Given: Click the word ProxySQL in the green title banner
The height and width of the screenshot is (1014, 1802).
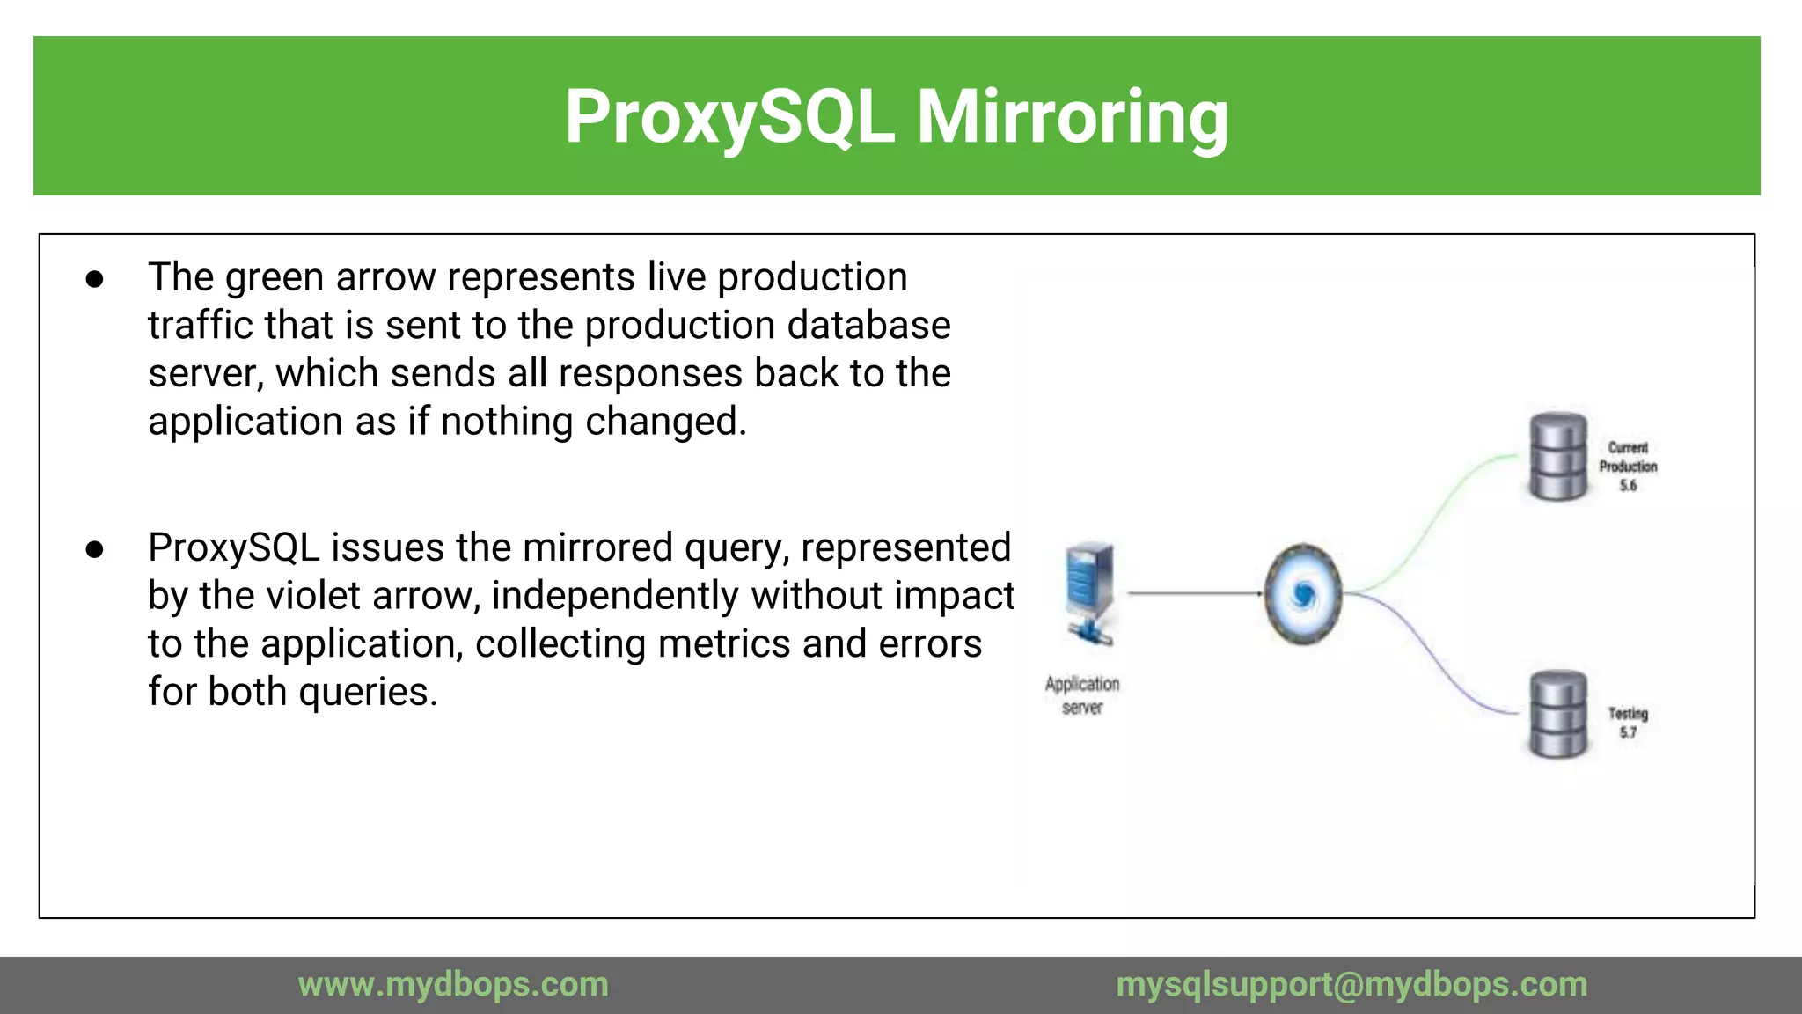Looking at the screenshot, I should (729, 117).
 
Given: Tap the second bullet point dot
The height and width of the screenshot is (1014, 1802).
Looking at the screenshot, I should (95, 550).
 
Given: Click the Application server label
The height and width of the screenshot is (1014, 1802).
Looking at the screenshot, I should (1082, 695).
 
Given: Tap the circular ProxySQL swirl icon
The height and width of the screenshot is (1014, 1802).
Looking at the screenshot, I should (1303, 594).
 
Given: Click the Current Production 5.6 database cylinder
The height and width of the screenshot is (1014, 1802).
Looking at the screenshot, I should (1558, 456).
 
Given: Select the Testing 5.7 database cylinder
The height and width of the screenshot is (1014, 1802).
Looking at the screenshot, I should (1558, 714).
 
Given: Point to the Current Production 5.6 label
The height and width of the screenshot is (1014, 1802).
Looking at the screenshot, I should (1628, 467).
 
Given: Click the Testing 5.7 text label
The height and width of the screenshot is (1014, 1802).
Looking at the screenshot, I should (1628, 722).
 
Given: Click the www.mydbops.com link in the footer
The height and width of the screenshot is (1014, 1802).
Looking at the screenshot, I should (453, 985).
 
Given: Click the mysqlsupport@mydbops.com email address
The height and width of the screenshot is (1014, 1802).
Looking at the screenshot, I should (1351, 985).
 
